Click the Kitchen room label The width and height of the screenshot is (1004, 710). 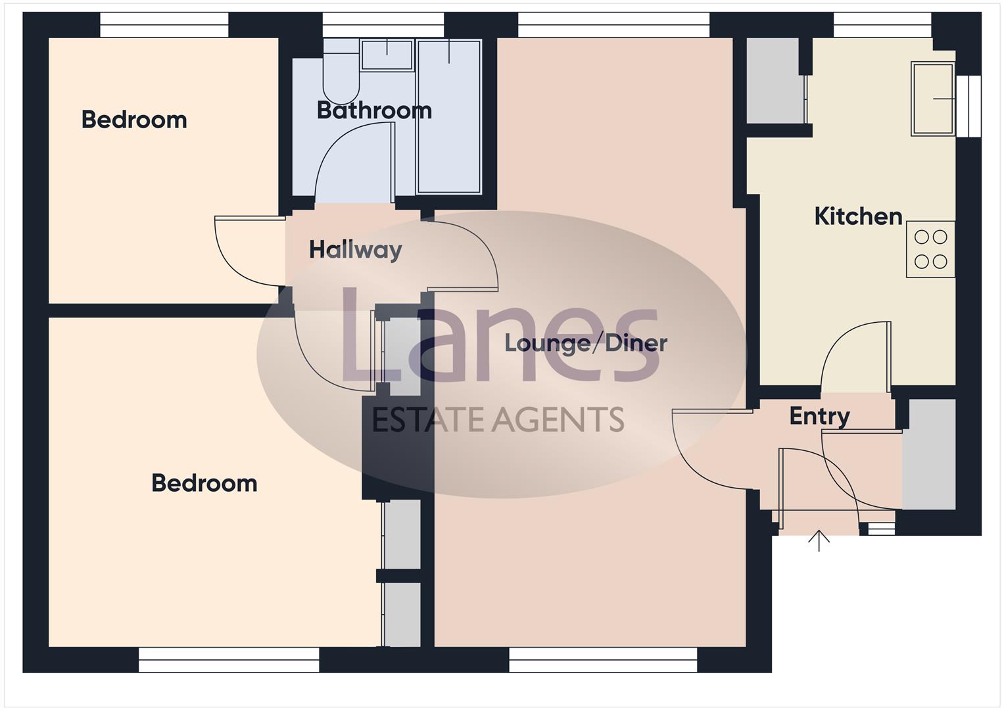[x=857, y=216]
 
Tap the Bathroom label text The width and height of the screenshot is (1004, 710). [x=374, y=110]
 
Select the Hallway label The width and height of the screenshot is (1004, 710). [x=355, y=250]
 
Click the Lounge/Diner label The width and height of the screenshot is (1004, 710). [x=585, y=343]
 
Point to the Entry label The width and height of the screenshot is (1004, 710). [x=819, y=416]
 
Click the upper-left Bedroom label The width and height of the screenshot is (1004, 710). [x=134, y=120]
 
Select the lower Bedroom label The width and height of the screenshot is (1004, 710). [x=204, y=483]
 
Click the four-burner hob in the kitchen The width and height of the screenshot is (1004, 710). [x=930, y=249]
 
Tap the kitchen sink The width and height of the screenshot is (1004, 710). [x=932, y=99]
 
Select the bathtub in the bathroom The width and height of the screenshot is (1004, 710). [x=449, y=116]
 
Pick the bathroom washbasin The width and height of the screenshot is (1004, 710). [x=387, y=54]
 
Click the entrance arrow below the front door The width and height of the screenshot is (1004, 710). [x=819, y=540]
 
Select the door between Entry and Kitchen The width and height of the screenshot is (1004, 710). [x=855, y=355]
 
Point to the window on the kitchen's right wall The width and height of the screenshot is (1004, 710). [x=968, y=106]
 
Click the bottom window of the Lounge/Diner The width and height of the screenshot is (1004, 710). [x=603, y=659]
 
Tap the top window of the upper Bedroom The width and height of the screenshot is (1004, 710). [x=164, y=26]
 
